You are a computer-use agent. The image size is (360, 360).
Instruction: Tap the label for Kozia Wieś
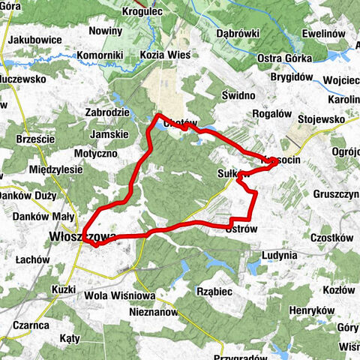(165, 55)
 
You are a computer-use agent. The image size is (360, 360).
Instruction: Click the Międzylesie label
(52, 169)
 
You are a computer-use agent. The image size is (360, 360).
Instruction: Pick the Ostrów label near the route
(241, 228)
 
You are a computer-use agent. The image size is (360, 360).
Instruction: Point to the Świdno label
(239, 96)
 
